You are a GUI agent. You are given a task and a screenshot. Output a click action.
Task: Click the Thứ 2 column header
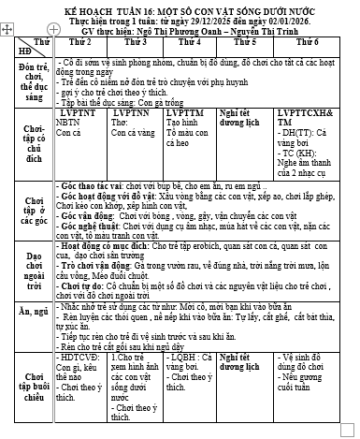coord(80,43)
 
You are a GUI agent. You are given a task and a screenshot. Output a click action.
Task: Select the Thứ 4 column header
coord(190,43)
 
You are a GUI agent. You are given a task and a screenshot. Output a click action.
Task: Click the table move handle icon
coord(7,31)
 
